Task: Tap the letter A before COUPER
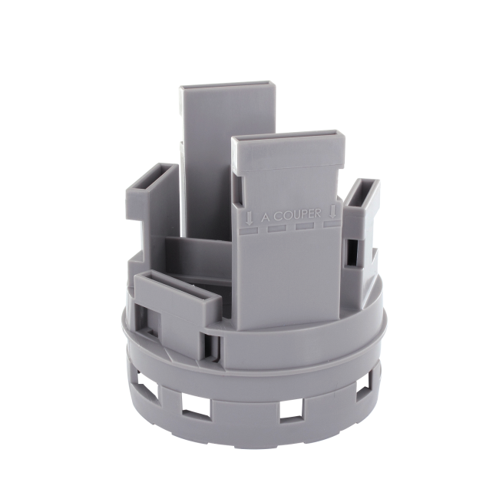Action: pyautogui.click(x=266, y=218)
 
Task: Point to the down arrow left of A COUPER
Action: pyautogui.click(x=249, y=217)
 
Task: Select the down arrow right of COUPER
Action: pyautogui.click(x=333, y=210)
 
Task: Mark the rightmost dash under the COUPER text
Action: pyautogui.click(x=332, y=224)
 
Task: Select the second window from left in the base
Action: pyautogui.click(x=192, y=405)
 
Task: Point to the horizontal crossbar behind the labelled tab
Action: pyautogui.click(x=200, y=253)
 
